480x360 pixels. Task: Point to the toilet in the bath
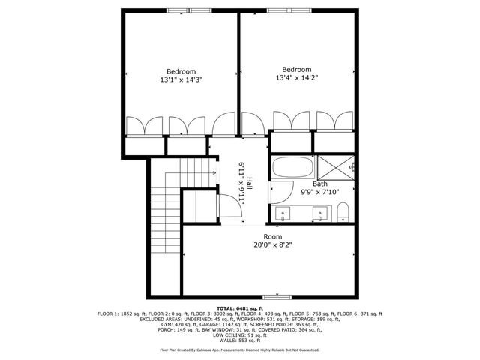click(x=343, y=211)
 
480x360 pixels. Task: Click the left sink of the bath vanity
click(x=283, y=214)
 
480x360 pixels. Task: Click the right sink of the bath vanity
click(x=321, y=214)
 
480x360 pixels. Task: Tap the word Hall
click(x=249, y=182)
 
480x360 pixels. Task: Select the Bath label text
click(x=319, y=184)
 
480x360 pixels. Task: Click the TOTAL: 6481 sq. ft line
click(x=239, y=308)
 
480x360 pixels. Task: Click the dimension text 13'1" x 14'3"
click(x=181, y=78)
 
